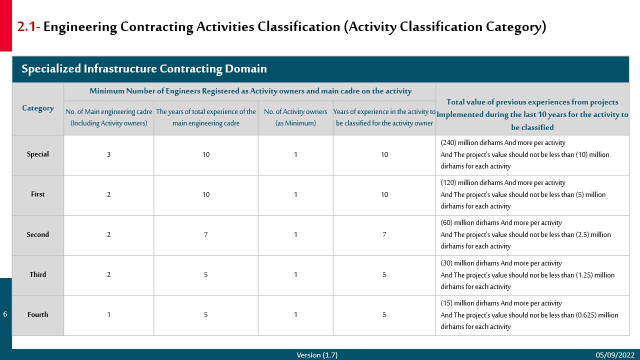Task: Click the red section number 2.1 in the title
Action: (28, 27)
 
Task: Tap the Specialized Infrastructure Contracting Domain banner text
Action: (144, 69)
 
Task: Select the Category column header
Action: (37, 108)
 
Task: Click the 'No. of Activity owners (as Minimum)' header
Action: (295, 117)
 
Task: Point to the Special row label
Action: (37, 154)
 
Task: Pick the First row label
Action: (37, 194)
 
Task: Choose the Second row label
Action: (37, 234)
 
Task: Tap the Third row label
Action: (37, 274)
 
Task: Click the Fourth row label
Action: (37, 314)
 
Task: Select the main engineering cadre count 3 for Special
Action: (108, 154)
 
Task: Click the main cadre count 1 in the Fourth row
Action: (108, 314)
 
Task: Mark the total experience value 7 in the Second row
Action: (205, 234)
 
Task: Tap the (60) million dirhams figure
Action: (446, 222)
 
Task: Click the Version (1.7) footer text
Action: (317, 355)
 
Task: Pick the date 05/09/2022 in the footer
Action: (615, 355)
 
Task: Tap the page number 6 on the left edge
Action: (5, 314)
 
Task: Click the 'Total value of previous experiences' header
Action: (532, 114)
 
